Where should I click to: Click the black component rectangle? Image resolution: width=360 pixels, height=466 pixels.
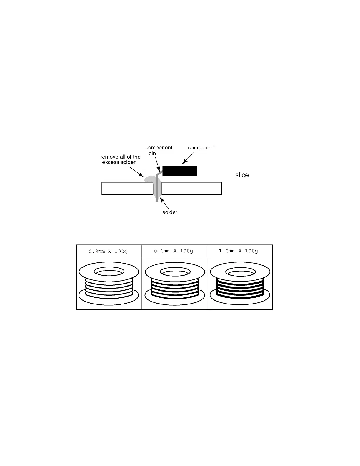(180, 171)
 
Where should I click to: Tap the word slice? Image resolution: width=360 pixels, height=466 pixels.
(242, 175)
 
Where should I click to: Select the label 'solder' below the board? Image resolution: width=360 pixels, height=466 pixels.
(170, 212)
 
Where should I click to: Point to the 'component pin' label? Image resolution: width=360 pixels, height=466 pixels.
(159, 150)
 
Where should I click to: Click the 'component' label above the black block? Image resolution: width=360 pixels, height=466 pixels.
(201, 148)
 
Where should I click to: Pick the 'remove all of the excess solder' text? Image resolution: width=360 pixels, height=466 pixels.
(120, 159)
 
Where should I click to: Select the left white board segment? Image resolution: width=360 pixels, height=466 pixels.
(127, 189)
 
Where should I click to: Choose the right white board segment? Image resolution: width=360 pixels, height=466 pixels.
(191, 189)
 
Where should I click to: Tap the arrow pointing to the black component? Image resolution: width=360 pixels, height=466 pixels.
(188, 158)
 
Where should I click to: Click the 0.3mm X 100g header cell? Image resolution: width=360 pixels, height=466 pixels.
(109, 251)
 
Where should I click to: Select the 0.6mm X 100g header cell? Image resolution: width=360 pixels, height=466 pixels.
(174, 251)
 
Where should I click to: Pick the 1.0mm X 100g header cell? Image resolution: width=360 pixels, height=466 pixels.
(239, 251)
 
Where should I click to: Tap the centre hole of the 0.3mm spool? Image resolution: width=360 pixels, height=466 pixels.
(109, 271)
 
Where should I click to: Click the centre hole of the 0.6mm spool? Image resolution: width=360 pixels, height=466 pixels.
(175, 272)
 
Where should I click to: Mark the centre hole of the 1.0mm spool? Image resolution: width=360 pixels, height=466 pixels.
(240, 272)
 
